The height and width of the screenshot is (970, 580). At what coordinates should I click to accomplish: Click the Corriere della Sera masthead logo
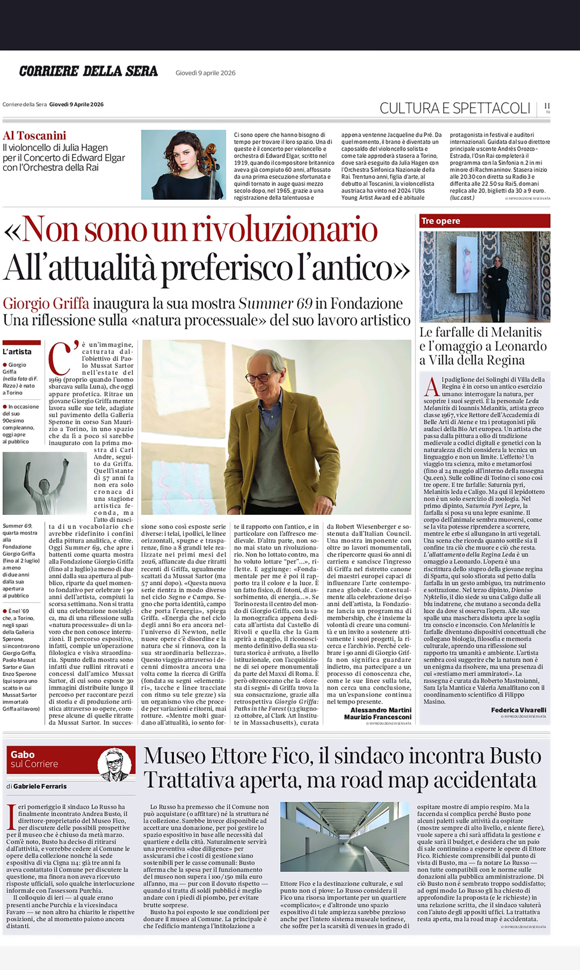coord(88,71)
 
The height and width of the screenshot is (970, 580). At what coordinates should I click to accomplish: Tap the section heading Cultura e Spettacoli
coord(455,108)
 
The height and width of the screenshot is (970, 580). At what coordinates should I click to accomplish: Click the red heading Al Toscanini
coord(34,136)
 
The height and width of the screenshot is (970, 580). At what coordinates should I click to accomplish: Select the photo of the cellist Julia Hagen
coord(183,165)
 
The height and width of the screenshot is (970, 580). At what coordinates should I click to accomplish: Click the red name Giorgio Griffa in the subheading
coord(46,304)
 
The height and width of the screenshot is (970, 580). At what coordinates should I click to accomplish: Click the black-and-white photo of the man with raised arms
coord(45,483)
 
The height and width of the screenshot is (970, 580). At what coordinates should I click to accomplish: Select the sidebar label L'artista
coord(17,352)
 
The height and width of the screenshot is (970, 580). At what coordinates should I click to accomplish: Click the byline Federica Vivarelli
coord(518,710)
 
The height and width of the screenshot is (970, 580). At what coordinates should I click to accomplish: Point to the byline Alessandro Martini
coord(381,710)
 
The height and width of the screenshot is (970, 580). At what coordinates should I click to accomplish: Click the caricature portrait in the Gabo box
coord(114,765)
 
